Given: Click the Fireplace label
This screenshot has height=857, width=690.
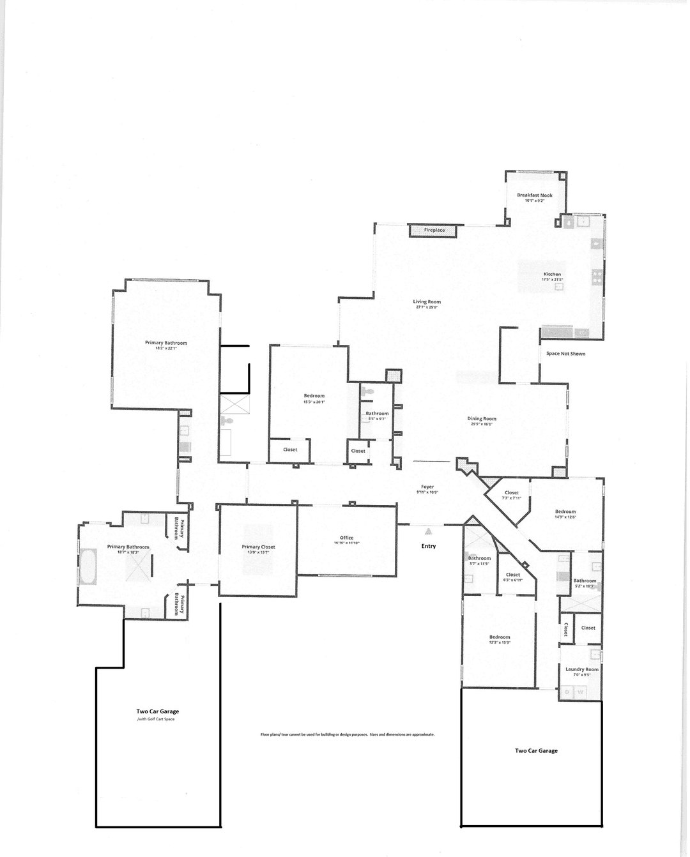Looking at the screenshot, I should coord(434,230).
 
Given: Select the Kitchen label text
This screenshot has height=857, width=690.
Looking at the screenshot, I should coord(552,274).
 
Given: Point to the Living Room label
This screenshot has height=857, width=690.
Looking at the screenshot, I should coord(427,302).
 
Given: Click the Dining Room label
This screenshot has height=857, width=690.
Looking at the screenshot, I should coord(482,419).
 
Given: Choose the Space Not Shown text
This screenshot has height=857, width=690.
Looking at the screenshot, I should coord(565,354).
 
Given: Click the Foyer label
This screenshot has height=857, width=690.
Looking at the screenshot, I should coord(427,487).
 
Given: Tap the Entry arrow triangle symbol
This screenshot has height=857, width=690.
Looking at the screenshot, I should coord(429,531).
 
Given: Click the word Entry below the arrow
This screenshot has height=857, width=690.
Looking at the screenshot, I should coord(429,546).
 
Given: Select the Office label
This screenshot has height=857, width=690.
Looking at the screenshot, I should coord(347,538).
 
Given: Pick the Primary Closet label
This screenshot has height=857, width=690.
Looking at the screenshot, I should coord(258,547).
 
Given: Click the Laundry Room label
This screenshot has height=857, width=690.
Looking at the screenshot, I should coord(582,669).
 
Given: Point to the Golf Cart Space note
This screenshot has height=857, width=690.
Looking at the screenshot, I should coord(156,719).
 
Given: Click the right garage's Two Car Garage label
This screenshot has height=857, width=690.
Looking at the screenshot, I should coord(536,750).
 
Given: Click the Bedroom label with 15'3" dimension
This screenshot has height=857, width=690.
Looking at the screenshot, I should coord(314,396).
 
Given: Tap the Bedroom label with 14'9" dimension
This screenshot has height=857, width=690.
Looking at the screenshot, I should coord(565,512).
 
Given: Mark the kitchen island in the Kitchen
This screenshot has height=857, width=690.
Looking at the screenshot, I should coord(540,277).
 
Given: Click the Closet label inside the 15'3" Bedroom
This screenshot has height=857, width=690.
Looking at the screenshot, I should coord(290,450).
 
